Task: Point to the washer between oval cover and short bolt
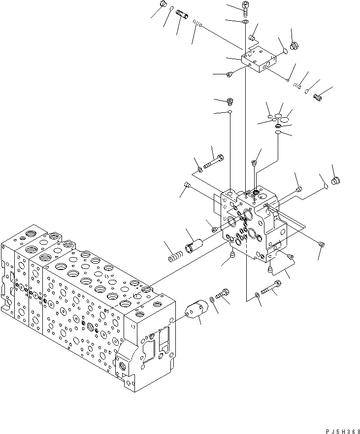click(211, 299)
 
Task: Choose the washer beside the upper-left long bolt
click(200, 170)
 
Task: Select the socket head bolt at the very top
click(245, 7)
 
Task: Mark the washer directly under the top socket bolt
click(245, 22)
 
